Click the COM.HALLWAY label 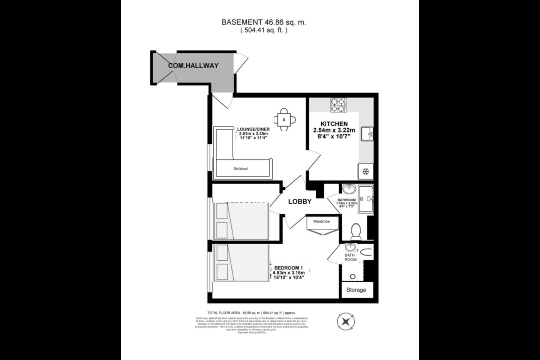pos(193,66)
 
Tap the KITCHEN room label pos(334,124)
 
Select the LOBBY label pos(300,201)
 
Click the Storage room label pos(356,290)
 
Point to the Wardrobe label pos(321,222)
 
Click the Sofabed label pos(240,169)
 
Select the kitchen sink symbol pos(367,134)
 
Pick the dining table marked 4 pos(284,120)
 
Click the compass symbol pos(346,321)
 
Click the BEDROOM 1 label pos(288,268)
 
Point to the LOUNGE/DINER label pos(253,129)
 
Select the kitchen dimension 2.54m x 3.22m pos(334,130)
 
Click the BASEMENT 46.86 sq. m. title pos(264,22)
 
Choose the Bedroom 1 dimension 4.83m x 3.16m pos(288,273)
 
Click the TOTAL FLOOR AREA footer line pos(252,312)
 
